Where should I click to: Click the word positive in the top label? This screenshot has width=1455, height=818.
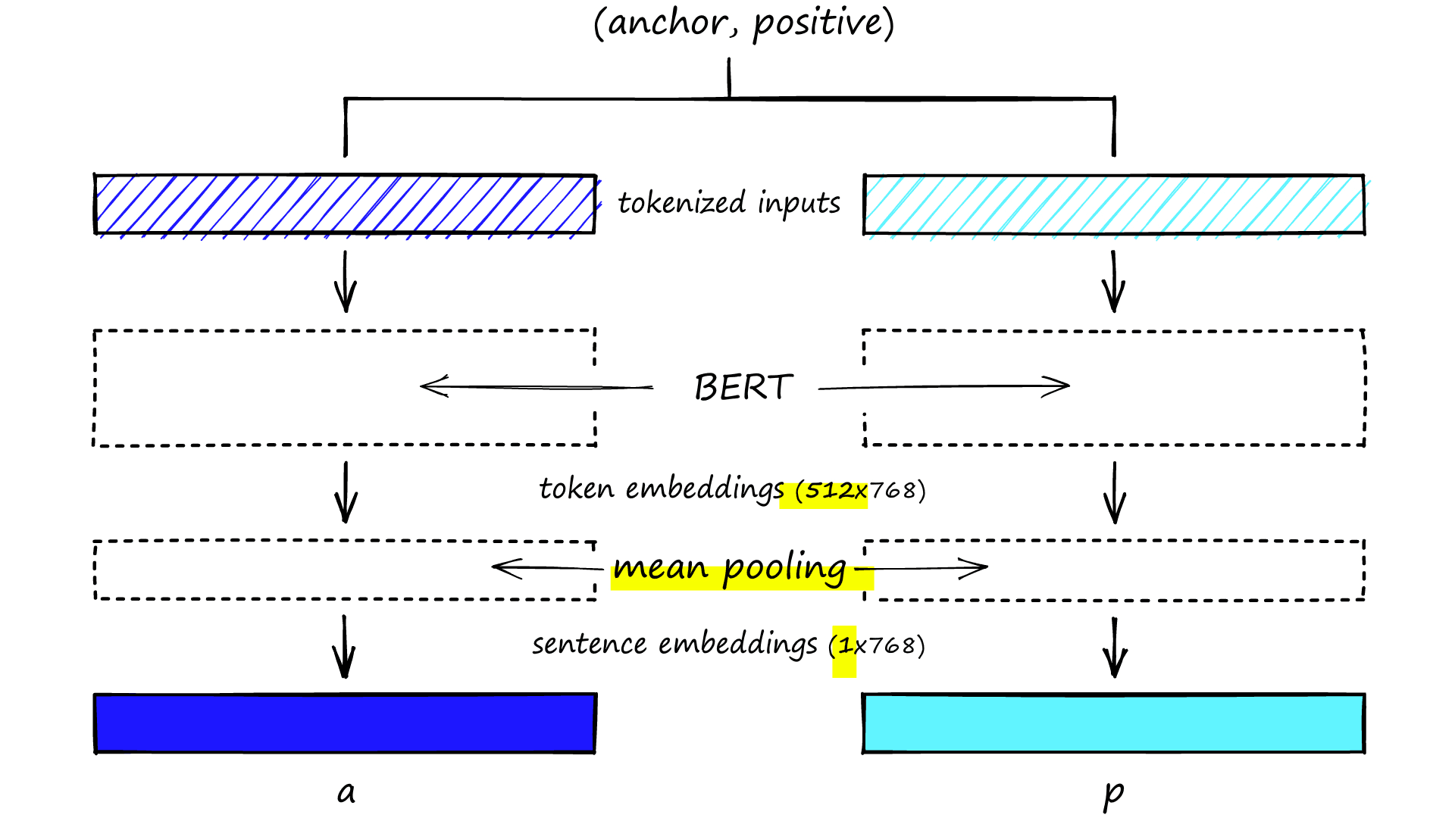tap(818, 23)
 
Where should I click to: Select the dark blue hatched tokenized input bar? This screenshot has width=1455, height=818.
tap(345, 204)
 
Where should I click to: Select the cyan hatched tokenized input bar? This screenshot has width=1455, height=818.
tap(1114, 204)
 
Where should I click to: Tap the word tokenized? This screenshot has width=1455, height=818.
tap(682, 203)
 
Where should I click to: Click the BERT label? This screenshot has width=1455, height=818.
tap(743, 387)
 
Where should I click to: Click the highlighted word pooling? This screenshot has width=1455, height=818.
tap(784, 568)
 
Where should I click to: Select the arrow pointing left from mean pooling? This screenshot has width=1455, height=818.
tap(546, 567)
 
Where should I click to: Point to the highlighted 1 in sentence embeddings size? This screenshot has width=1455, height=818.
tap(845, 646)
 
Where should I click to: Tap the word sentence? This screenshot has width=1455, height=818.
tap(589, 645)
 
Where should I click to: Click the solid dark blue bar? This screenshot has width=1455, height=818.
tap(345, 723)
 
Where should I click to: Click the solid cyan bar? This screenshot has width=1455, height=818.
tap(1114, 723)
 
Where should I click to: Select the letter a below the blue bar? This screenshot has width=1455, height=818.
tap(346, 792)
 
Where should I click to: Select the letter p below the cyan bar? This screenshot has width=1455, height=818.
tap(1113, 794)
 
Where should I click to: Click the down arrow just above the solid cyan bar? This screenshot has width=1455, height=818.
tap(1115, 648)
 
